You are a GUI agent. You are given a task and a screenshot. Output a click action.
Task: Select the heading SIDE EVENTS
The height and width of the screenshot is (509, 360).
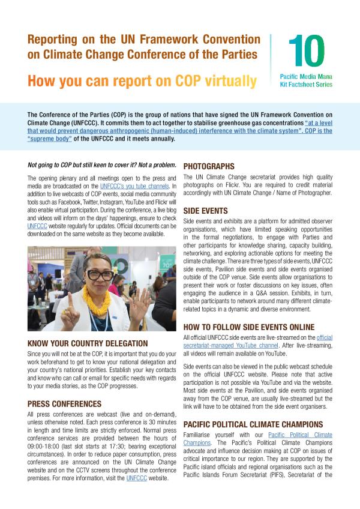coord(205,211)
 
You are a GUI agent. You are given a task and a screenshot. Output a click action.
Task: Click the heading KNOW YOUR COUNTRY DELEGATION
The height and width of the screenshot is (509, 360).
coord(88,343)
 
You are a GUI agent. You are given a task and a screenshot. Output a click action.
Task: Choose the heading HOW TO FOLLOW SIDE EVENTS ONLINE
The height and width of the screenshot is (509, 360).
coord(248,327)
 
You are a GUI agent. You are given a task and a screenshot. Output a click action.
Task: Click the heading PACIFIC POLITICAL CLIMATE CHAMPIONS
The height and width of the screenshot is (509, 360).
coord(253,424)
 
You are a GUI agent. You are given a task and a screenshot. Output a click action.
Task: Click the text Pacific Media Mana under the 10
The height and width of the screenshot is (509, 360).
coord(306,77)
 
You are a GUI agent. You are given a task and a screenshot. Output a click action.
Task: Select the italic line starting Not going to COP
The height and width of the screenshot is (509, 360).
coord(102,165)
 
